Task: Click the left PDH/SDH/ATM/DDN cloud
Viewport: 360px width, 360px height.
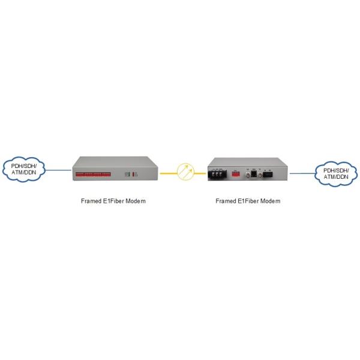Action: [24, 170]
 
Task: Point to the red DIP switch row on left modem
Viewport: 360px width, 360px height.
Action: [92, 175]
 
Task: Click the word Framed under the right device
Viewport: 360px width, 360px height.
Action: [225, 201]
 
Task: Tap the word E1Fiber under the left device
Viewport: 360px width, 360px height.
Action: [112, 201]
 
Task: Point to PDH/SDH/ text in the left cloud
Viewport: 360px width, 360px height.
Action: [24, 166]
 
